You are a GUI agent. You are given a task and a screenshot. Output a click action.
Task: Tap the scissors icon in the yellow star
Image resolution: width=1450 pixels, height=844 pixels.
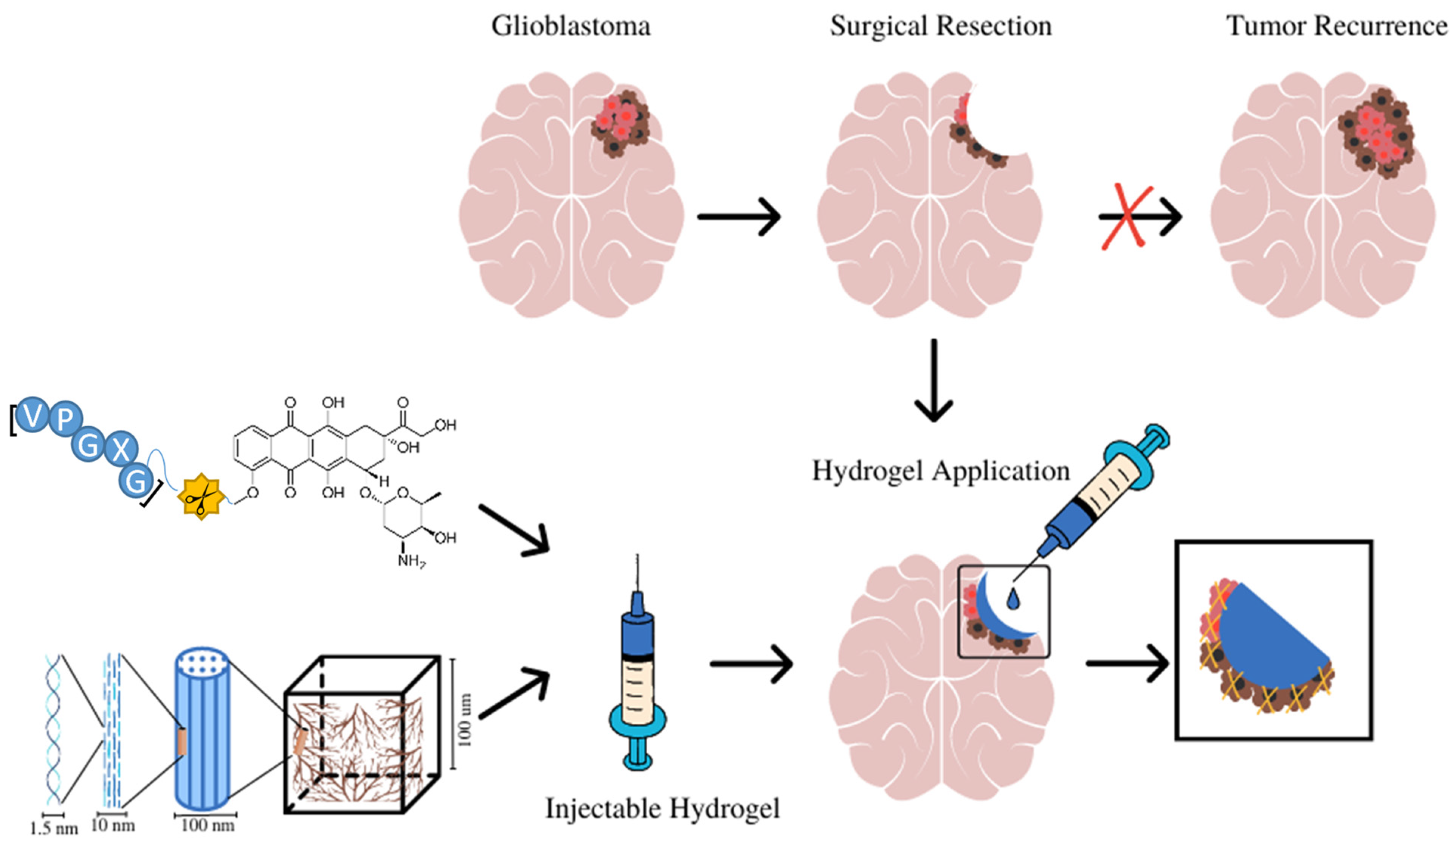click(200, 496)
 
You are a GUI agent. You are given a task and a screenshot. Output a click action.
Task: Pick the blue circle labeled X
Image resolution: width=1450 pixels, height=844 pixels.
click(121, 449)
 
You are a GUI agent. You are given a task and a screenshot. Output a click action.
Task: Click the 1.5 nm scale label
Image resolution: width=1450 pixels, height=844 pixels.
click(54, 828)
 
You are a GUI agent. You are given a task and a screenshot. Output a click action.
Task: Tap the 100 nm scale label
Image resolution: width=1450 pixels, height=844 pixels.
click(207, 825)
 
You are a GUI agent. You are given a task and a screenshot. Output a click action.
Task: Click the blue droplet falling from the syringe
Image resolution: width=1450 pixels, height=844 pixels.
click(1013, 599)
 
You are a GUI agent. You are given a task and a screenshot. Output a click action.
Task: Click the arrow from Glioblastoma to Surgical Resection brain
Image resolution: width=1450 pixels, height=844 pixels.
click(739, 217)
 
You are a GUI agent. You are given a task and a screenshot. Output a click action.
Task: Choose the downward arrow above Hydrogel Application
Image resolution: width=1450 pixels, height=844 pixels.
click(933, 380)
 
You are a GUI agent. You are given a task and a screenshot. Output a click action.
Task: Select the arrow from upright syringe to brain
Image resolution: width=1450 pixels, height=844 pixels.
click(751, 664)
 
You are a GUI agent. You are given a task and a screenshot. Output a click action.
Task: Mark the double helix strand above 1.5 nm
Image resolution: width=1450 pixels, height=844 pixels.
click(54, 728)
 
